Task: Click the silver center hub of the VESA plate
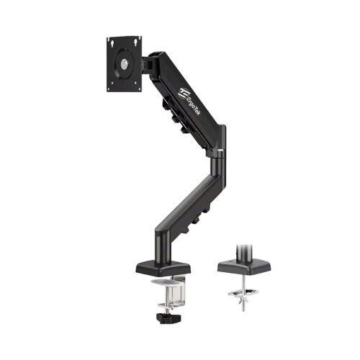[124, 64]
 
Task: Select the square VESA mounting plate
[124, 64]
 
